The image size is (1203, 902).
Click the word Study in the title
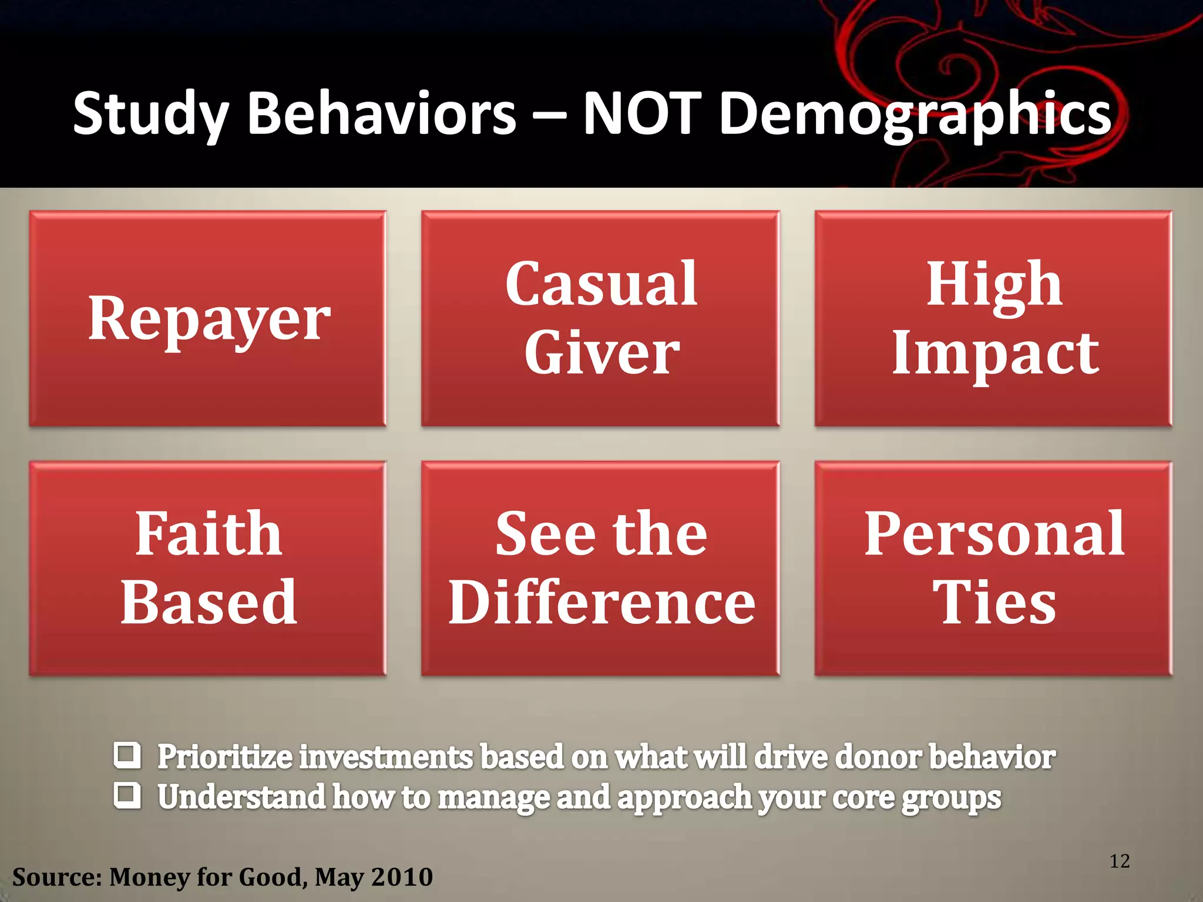pyautogui.click(x=150, y=114)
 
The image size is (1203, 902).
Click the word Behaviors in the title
pyautogui.click(x=382, y=113)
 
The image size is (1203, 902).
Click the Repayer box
pyautogui.click(x=208, y=318)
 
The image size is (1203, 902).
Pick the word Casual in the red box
pyautogui.click(x=601, y=284)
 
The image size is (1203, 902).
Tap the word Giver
pyautogui.click(x=601, y=353)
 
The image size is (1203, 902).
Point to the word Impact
pyautogui.click(x=995, y=353)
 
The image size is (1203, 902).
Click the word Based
pyautogui.click(x=209, y=603)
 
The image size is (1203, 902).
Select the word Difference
pyautogui.click(x=601, y=603)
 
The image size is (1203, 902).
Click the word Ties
pyautogui.click(x=994, y=603)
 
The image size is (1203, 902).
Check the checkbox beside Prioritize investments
pyautogui.click(x=127, y=756)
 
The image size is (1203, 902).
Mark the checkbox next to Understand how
pyautogui.click(x=127, y=796)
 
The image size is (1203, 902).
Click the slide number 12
pyautogui.click(x=1120, y=861)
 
